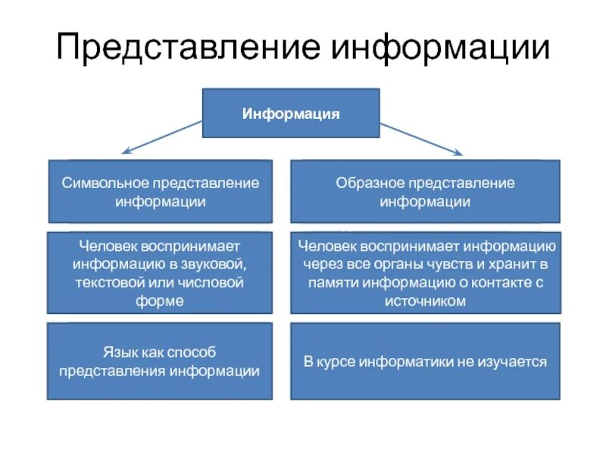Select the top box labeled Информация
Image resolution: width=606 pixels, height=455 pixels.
(291, 113)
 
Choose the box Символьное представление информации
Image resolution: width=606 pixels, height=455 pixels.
(160, 191)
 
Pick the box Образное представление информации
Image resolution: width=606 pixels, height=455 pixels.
(425, 191)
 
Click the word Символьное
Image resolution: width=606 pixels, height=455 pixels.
(105, 183)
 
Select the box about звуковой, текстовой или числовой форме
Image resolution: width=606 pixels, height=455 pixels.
(160, 272)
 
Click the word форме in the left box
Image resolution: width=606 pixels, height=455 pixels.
(160, 301)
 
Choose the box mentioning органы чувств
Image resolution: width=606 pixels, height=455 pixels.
(425, 272)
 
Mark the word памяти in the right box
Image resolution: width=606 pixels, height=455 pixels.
(333, 283)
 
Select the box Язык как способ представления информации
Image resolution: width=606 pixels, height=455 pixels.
(160, 361)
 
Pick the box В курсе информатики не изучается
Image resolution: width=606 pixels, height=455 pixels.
(425, 361)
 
